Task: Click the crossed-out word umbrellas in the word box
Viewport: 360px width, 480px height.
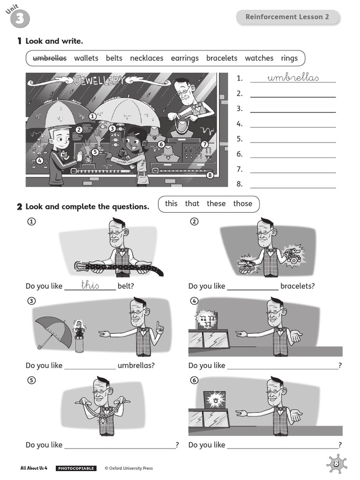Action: click(x=50, y=58)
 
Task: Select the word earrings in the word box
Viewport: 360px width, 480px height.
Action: click(x=185, y=58)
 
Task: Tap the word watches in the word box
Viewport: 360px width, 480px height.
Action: click(x=259, y=58)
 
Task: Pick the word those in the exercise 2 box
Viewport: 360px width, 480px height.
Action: click(x=243, y=203)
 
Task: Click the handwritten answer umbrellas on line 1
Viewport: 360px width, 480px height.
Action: click(x=293, y=77)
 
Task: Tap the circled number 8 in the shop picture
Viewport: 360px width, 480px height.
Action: click(x=210, y=175)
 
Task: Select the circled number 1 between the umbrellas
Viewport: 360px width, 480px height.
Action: click(x=92, y=116)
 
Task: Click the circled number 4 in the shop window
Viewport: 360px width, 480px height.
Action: click(x=39, y=160)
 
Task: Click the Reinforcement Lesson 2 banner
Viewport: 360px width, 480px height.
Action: click(x=287, y=17)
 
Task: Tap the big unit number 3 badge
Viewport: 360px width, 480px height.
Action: click(x=20, y=19)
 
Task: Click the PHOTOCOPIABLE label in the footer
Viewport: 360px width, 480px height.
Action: click(x=76, y=468)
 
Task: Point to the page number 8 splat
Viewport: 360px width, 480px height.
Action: click(x=337, y=464)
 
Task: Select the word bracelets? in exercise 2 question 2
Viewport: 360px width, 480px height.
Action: click(x=298, y=286)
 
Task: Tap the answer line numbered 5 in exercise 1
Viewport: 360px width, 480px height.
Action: click(x=293, y=142)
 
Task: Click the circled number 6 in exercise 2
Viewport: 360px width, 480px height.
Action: click(x=195, y=380)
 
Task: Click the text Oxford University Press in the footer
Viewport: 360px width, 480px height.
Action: click(x=131, y=468)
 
